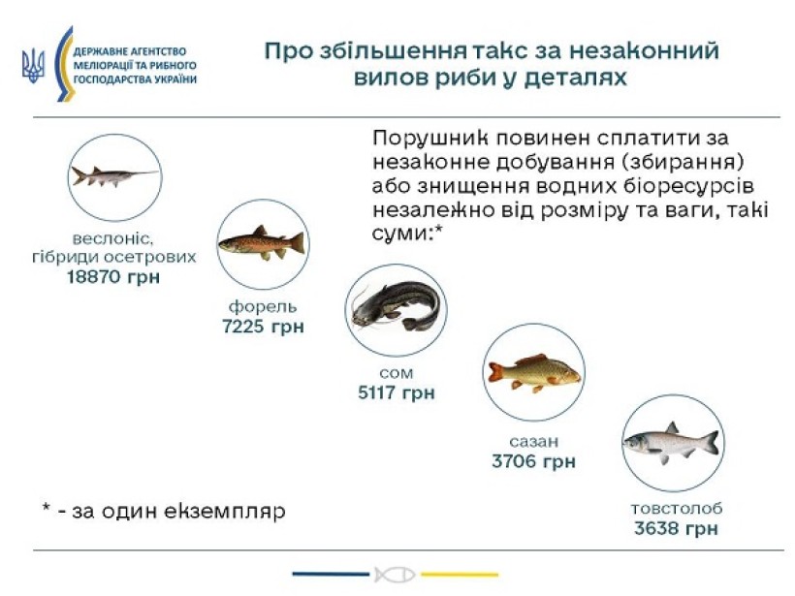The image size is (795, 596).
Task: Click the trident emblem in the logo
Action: [x=33, y=66]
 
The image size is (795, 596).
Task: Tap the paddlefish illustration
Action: [x=115, y=175]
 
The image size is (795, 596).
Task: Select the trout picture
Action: [x=262, y=242]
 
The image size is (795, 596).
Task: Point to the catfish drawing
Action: [x=396, y=306]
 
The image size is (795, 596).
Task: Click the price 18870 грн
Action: [x=113, y=277]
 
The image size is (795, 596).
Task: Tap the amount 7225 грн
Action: [x=263, y=326]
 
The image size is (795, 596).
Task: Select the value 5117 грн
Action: [x=396, y=392]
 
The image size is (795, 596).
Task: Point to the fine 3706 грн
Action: [x=533, y=461]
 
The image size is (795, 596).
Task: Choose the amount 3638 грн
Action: [x=676, y=528]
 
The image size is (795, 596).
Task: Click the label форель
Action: [x=263, y=306]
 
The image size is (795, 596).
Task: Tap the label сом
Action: [x=396, y=373]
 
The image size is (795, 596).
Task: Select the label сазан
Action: [x=533, y=442]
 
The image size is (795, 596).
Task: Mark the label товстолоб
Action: [x=677, y=509]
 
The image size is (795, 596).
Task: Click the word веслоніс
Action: [x=112, y=238]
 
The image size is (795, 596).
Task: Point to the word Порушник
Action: [x=431, y=139]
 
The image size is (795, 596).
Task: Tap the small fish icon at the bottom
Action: [x=396, y=575]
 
